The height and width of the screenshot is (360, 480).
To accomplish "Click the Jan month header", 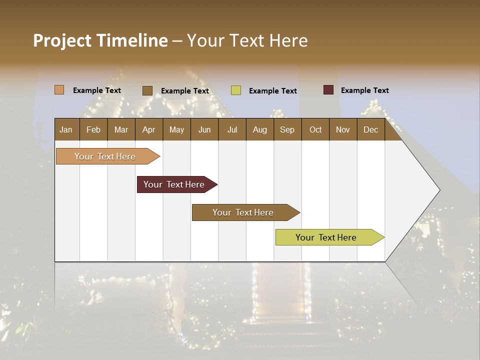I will click(66, 129).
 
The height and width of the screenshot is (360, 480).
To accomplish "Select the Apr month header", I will click(149, 129).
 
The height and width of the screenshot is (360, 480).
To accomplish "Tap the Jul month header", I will click(232, 129).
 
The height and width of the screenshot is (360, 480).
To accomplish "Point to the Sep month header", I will click(287, 129).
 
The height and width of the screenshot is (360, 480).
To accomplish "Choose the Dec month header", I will click(370, 129).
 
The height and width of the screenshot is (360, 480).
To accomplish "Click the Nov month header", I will click(343, 129).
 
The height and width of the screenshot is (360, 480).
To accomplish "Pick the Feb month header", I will click(93, 129).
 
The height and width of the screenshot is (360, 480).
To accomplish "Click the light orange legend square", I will click(59, 90).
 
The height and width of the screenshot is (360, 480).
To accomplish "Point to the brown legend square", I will click(147, 90).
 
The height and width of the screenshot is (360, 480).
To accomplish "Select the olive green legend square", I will click(236, 90).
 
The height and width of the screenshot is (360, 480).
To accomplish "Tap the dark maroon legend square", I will click(328, 90).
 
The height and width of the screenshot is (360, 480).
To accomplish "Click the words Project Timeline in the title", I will click(100, 40).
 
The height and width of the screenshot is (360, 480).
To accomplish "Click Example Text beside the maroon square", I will click(364, 90).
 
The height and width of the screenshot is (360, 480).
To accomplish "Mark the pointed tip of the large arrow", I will click(439, 190).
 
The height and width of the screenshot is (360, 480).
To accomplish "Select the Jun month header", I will click(204, 129).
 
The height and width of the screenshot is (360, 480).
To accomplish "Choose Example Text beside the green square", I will click(272, 90).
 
